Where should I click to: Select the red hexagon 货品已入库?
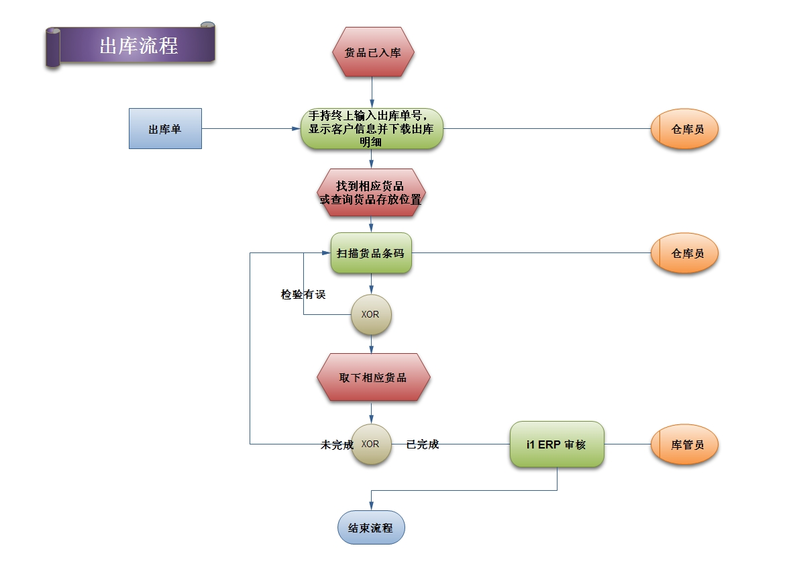coord(372,52)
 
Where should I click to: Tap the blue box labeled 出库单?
coord(165,129)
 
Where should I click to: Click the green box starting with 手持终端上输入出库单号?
coord(372,128)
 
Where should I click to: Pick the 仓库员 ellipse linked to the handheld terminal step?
coord(684,129)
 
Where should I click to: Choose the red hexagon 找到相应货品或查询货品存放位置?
coord(372,193)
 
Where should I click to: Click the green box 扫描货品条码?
coord(371,253)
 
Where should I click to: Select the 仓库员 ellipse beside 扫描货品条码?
coord(684,253)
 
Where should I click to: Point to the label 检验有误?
coord(303,294)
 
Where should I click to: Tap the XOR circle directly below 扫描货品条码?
coord(371,314)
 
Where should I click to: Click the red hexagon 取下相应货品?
coord(373,377)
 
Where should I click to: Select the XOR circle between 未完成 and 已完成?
coord(371,444)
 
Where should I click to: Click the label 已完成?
coord(423,444)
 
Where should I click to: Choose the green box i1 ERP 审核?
coord(557,444)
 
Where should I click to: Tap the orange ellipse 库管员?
coord(684,444)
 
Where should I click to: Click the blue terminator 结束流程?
coord(371,528)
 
